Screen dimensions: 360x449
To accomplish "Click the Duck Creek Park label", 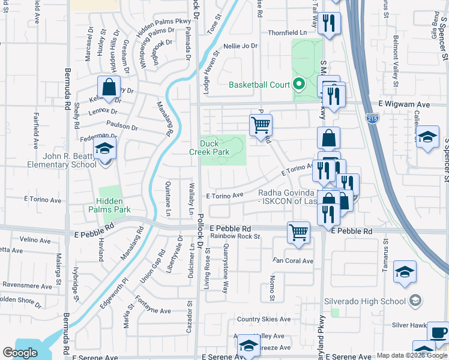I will pyautogui.click(x=214, y=148).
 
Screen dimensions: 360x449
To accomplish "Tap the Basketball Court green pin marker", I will pyautogui.click(x=299, y=85).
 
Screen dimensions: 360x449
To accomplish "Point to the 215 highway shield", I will pyautogui.click(x=373, y=120).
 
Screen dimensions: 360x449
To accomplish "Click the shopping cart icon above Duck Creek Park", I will pyautogui.click(x=261, y=125).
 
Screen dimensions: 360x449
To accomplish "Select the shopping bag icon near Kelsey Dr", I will pyautogui.click(x=109, y=87).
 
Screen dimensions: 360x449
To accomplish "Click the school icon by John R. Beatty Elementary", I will pyautogui.click(x=104, y=148).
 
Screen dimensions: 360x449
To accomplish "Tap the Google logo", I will pyautogui.click(x=20, y=353).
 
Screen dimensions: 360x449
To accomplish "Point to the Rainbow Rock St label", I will pyautogui.click(x=235, y=236).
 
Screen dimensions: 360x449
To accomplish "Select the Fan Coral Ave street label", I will pyautogui.click(x=293, y=261).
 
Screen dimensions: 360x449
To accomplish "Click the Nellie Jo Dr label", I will pyautogui.click(x=240, y=46).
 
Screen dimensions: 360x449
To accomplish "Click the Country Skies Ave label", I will pyautogui.click(x=264, y=319).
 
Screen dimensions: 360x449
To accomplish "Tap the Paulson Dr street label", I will pyautogui.click(x=122, y=128).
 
